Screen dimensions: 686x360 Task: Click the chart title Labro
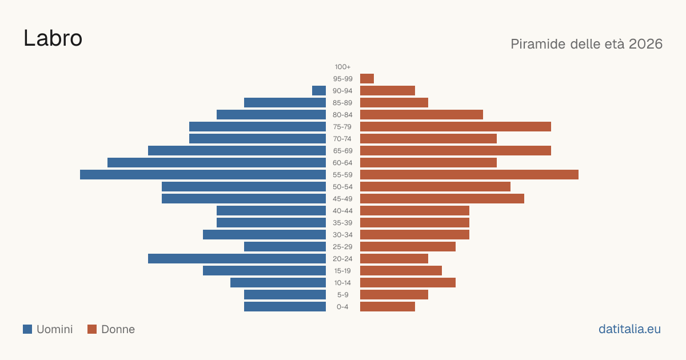point(53,38)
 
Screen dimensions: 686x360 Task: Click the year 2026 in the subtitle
point(645,44)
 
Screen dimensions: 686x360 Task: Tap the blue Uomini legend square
point(27,329)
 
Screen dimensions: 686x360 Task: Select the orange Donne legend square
point(92,329)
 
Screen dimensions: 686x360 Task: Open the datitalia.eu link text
point(629,329)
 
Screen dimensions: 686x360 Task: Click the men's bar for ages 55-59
point(203,174)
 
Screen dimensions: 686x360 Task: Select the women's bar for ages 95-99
point(367,79)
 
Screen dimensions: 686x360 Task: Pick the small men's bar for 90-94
point(319,91)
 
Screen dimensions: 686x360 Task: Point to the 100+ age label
point(342,67)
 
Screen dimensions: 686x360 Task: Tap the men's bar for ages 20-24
point(237,259)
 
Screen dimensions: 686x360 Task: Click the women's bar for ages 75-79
point(456,127)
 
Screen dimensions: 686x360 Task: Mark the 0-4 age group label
point(342,307)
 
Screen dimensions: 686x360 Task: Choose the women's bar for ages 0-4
point(388,307)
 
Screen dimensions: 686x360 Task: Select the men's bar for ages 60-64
point(217,162)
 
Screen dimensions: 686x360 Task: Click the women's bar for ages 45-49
point(442,199)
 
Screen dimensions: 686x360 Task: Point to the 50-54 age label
point(342,187)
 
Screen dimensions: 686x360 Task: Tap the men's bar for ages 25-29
point(285,247)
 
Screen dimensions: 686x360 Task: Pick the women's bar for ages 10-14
point(408,282)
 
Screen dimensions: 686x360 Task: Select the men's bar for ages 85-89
point(285,102)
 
